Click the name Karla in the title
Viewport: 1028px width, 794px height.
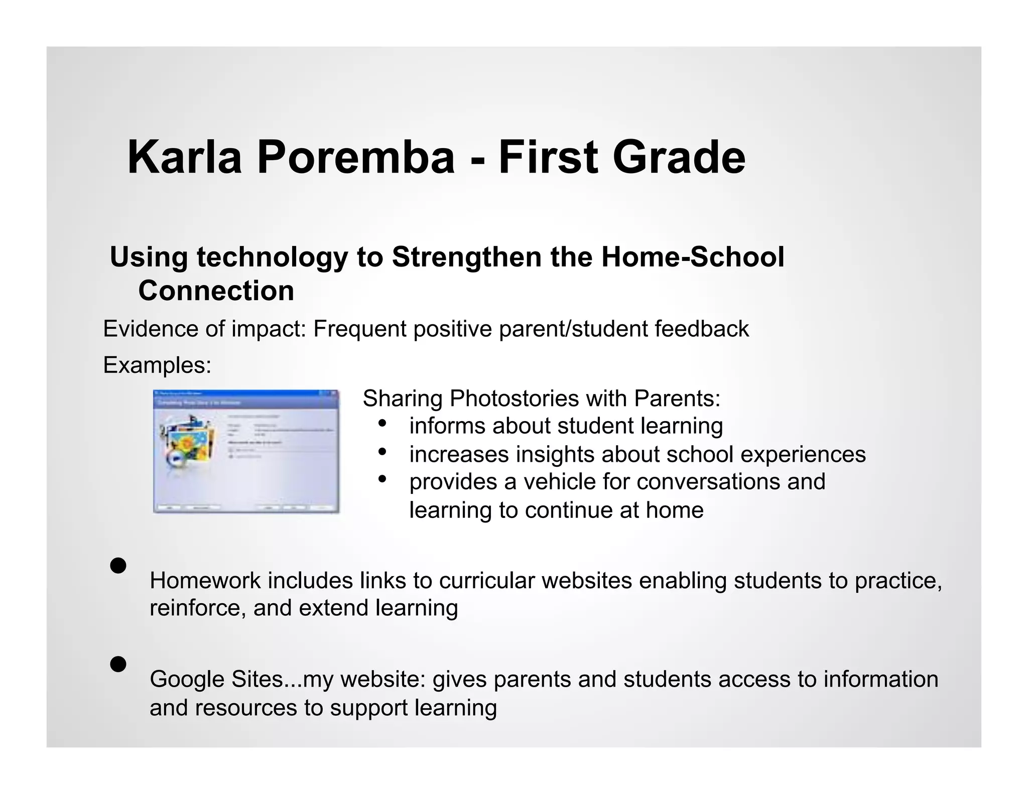[184, 158]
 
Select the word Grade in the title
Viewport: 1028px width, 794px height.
[679, 158]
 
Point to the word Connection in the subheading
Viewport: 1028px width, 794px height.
[216, 291]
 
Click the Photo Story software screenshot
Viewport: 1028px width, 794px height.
[246, 451]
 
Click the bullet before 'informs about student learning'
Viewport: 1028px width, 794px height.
[382, 424]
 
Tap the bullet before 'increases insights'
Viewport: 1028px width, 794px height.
[382, 452]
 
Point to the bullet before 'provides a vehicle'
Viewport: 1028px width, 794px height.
[382, 479]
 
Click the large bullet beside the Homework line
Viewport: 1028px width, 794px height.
[118, 566]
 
